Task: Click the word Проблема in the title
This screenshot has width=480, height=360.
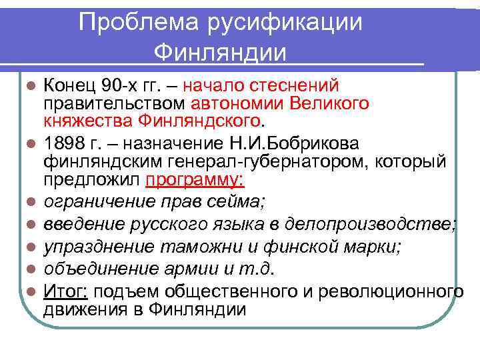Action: click(132, 22)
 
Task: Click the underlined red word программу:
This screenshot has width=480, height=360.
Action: click(196, 180)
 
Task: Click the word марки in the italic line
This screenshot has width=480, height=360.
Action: click(374, 247)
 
